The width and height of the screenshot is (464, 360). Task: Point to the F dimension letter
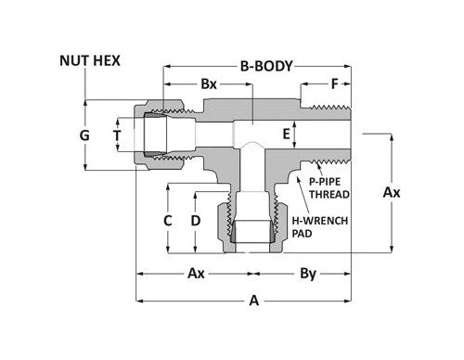pos(334,85)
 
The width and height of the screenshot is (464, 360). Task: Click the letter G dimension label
pos(84,135)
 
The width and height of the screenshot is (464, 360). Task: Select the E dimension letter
pos(287,135)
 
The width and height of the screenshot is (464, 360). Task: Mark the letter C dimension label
pos(168,221)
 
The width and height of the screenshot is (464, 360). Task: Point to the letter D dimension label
pos(195,221)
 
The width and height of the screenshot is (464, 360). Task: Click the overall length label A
pos(252,300)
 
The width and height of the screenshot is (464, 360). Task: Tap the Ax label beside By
pos(196,275)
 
